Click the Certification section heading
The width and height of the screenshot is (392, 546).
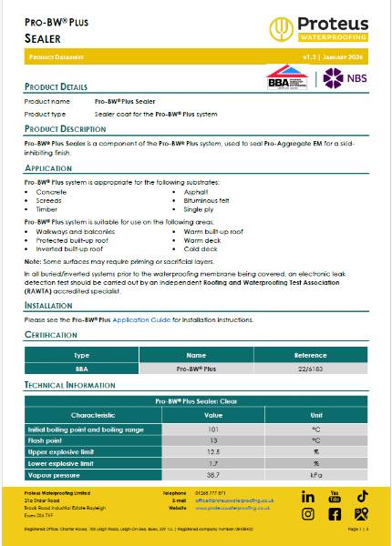tap(57, 335)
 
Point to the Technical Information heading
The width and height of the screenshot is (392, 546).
tap(70, 386)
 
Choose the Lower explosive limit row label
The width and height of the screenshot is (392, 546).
tap(62, 462)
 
